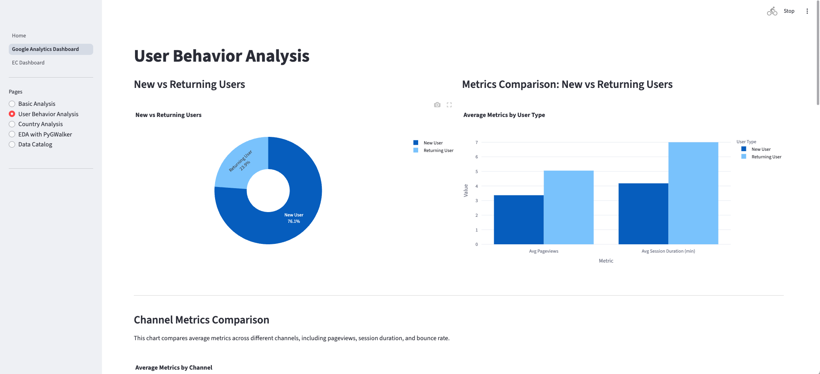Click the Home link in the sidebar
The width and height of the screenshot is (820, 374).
tap(19, 36)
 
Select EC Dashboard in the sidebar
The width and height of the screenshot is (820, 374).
tap(28, 63)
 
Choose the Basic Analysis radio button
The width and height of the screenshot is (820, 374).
tap(12, 104)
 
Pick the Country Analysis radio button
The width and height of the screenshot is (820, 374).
tap(12, 124)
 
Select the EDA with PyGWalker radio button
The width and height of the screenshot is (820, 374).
tap(12, 134)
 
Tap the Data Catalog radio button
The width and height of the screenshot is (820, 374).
tap(12, 144)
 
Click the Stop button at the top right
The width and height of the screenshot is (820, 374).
tap(789, 11)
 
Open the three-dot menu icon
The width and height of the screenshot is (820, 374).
tap(807, 11)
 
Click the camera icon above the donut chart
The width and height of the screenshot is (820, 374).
tap(437, 105)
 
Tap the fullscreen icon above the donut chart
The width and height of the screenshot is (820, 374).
tap(449, 105)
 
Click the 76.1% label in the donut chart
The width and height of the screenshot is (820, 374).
tap(294, 222)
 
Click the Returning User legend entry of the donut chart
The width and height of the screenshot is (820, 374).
tap(438, 150)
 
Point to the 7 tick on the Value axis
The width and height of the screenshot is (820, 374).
tap(476, 142)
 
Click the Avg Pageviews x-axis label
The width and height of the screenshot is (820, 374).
tap(543, 251)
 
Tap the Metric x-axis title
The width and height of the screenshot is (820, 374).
tap(606, 261)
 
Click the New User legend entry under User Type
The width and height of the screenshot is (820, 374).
tap(761, 149)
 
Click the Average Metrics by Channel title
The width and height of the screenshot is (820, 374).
tap(174, 368)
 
